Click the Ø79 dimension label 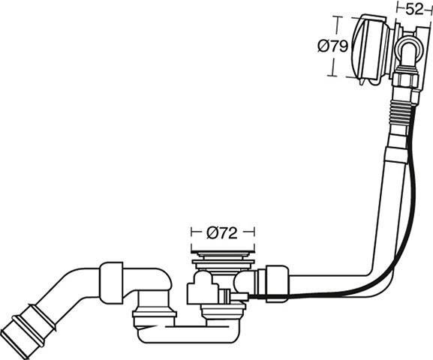coord(332,46)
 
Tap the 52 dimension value coord(415,10)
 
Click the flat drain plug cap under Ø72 coord(222,251)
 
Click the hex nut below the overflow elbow coord(404,79)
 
